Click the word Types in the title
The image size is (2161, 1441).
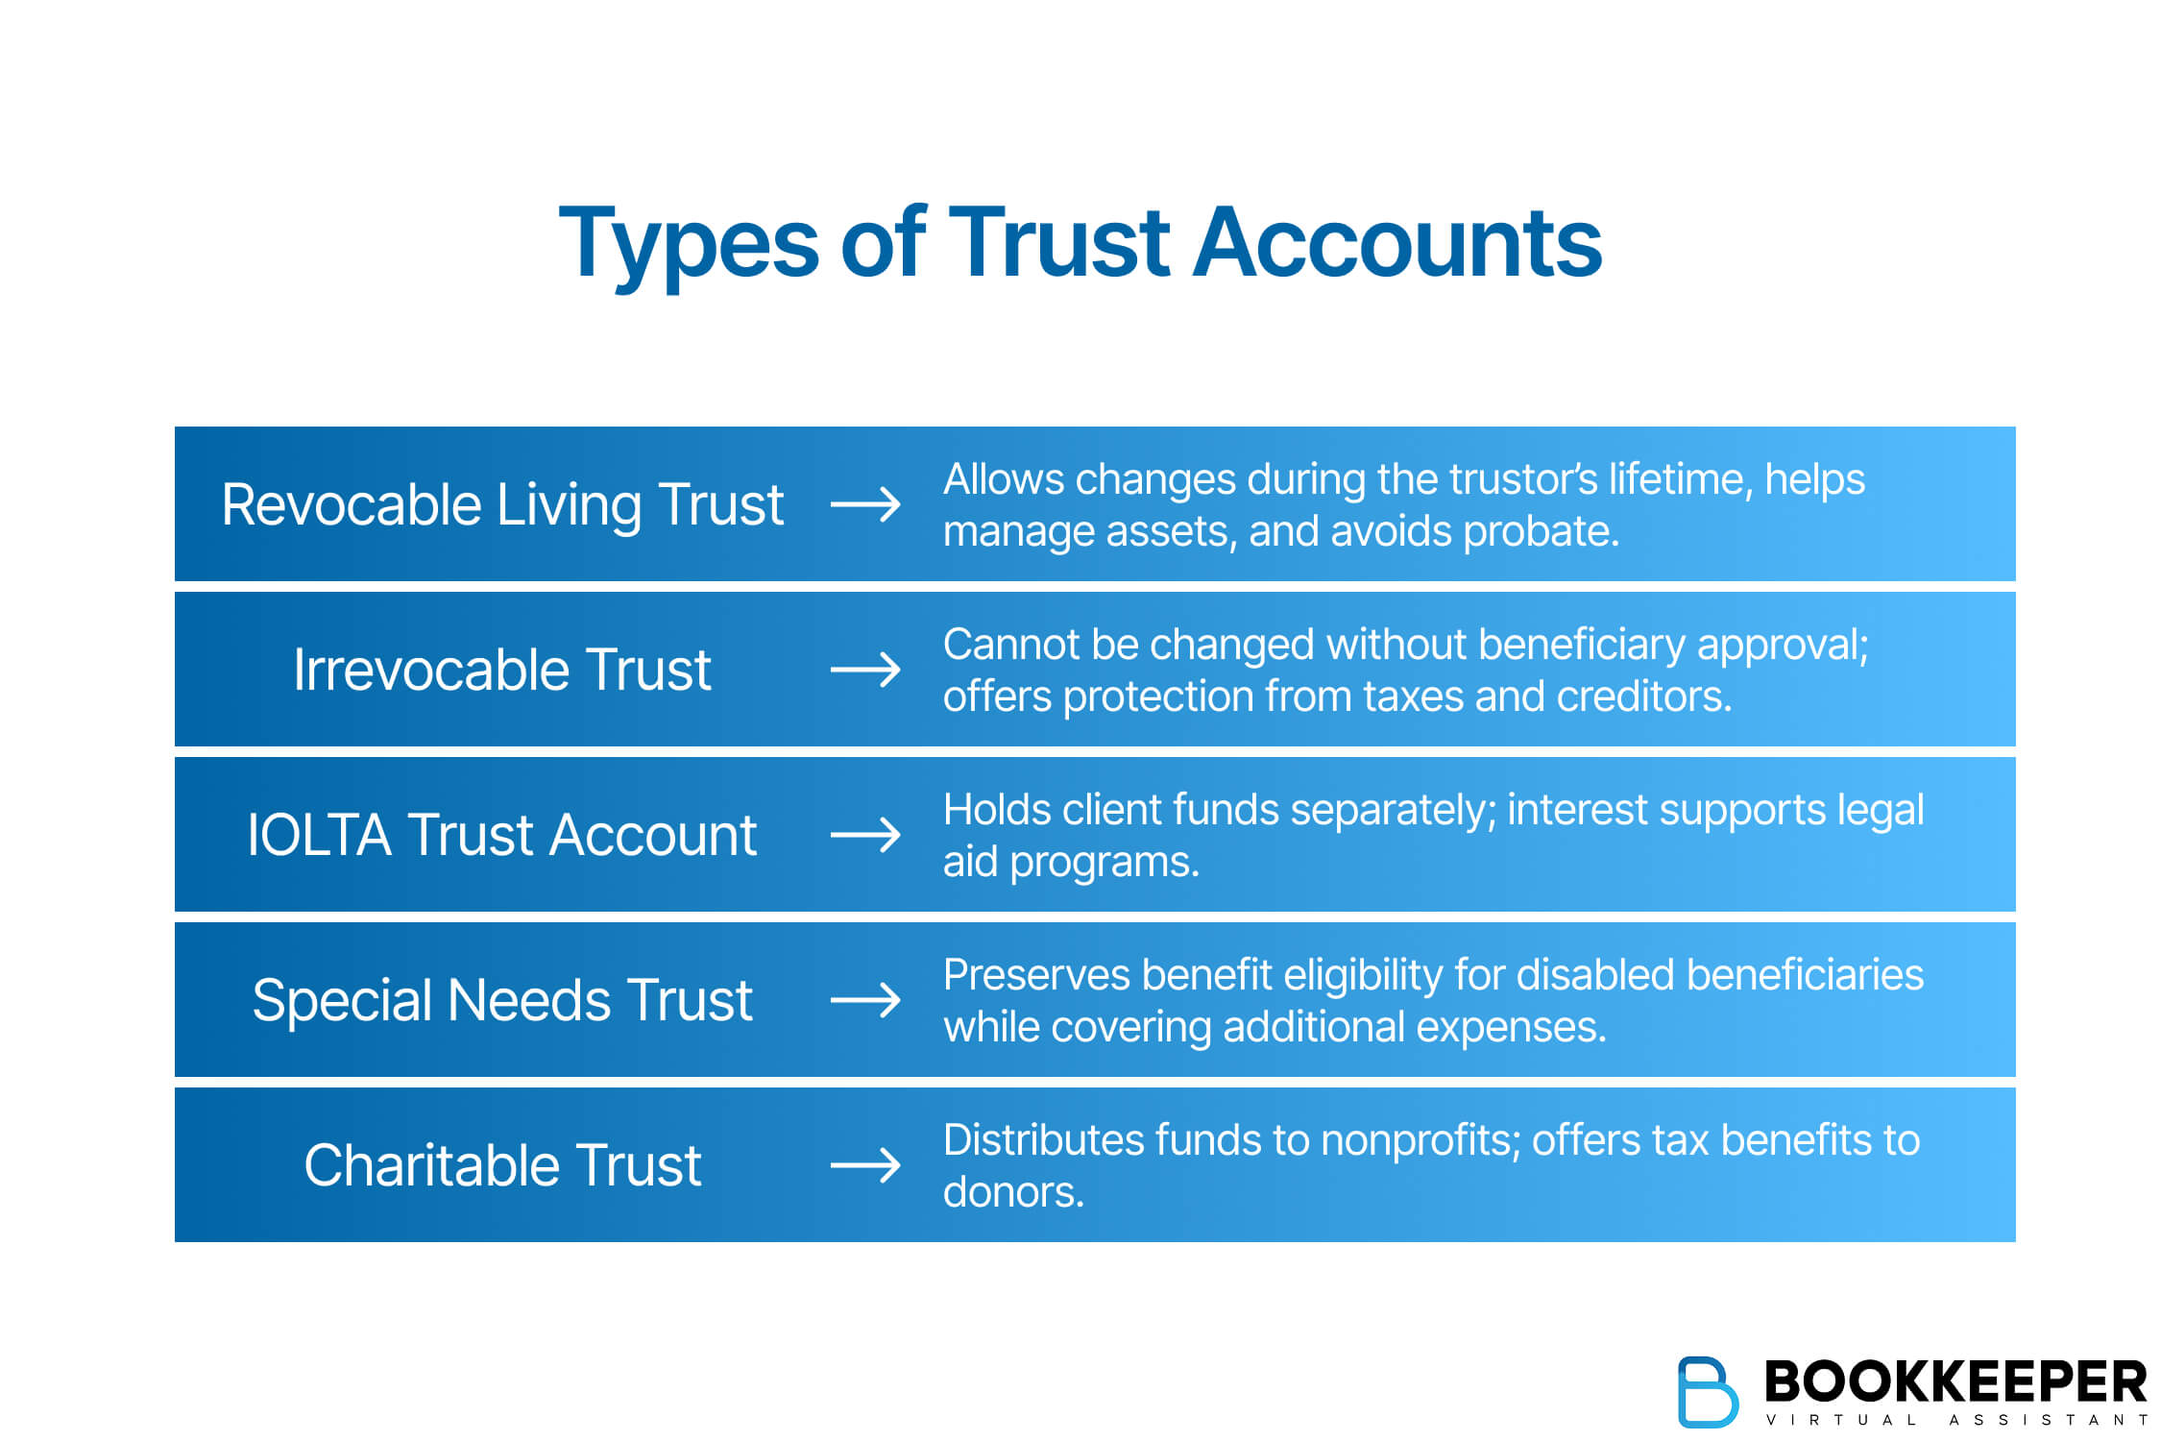pyautogui.click(x=688, y=244)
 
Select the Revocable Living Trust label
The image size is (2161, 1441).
pyautogui.click(x=502, y=504)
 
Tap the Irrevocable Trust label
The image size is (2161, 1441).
pyautogui.click(x=502, y=670)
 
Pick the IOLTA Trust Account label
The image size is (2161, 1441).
pyautogui.click(x=502, y=835)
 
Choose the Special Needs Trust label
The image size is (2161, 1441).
pyautogui.click(x=502, y=1000)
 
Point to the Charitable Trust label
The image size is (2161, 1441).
pyautogui.click(x=502, y=1165)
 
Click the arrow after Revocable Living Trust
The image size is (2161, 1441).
pyautogui.click(x=865, y=504)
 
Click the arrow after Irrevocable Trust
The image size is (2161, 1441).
pyautogui.click(x=865, y=670)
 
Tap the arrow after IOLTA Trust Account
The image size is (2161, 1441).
pyautogui.click(x=865, y=835)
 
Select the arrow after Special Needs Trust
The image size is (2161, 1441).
pyautogui.click(x=865, y=1000)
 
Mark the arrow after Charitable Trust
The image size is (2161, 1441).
pyautogui.click(x=865, y=1165)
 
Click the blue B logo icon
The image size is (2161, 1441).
pyautogui.click(x=1707, y=1391)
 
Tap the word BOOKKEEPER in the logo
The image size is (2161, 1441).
pyautogui.click(x=1955, y=1381)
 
